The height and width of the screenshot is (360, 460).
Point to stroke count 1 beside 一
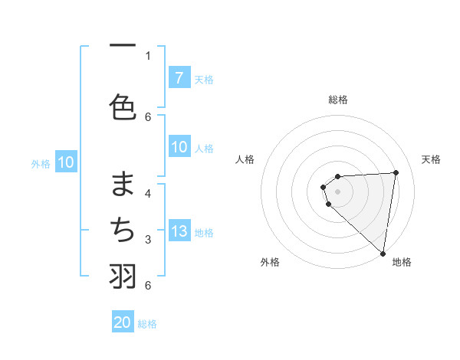148,55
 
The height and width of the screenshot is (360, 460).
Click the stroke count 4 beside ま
148,193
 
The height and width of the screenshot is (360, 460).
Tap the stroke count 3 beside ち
148,240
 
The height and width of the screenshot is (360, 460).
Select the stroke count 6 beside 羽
148,286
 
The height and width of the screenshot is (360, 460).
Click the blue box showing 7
179,77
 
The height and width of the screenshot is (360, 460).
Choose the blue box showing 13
179,231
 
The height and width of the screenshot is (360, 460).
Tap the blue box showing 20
123,322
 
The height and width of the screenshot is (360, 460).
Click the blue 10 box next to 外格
66,162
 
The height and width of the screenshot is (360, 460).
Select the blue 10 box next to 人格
179,148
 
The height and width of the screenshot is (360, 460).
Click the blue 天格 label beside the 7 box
204,79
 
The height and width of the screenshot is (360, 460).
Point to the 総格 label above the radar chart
338,100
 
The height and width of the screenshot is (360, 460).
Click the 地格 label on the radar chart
402,262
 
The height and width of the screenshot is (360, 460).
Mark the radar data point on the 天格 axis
396,172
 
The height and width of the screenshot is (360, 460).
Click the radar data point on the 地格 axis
383,253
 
